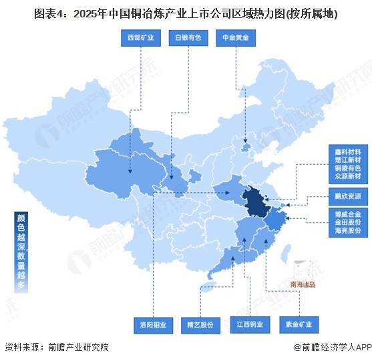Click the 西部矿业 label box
coord(141,38)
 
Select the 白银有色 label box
coord(188,38)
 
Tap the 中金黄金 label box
coord(236,38)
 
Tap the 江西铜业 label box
coord(250,325)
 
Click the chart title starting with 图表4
coord(186,11)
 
